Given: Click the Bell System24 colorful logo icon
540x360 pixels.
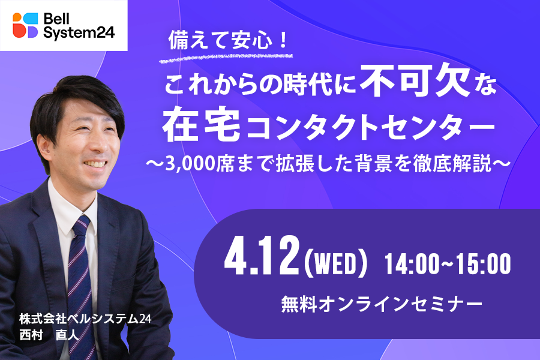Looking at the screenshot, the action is pyautogui.click(x=25, y=25).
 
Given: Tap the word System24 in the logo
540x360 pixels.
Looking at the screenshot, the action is pyautogui.click(x=79, y=32).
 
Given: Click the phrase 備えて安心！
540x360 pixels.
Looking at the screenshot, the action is pyautogui.click(x=228, y=40).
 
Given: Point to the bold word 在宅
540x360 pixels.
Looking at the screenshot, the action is pyautogui.click(x=202, y=124).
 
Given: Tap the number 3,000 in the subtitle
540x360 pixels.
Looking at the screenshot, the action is pyautogui.click(x=190, y=164).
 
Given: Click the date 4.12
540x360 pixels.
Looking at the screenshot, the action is pyautogui.click(x=262, y=257).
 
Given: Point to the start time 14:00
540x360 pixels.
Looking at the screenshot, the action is pyautogui.click(x=412, y=264).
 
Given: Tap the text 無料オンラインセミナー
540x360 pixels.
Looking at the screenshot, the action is pyautogui.click(x=382, y=305).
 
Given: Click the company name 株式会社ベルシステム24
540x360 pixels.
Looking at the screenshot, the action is pyautogui.click(x=85, y=319).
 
